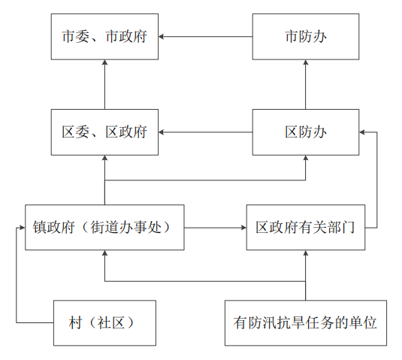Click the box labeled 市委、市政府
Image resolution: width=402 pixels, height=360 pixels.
click(x=104, y=37)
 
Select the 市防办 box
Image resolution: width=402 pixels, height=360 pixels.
click(x=306, y=37)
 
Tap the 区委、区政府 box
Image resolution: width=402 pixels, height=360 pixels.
click(x=104, y=132)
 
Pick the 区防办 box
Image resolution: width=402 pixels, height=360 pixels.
click(x=306, y=132)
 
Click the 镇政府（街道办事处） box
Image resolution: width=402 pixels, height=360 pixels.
click(x=104, y=228)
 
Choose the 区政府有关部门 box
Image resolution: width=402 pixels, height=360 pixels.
click(x=306, y=228)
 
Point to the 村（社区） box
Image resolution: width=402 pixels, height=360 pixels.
click(x=104, y=323)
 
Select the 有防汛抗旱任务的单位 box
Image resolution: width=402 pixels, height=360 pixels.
click(x=306, y=323)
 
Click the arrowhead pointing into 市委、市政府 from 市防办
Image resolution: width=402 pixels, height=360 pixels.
click(x=162, y=37)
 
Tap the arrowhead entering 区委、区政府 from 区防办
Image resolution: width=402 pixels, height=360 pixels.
click(x=162, y=132)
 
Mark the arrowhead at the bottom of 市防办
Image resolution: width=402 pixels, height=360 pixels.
click(x=306, y=62)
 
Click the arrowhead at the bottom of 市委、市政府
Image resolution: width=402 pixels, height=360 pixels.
click(x=104, y=62)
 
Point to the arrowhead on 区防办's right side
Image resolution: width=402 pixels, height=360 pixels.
click(x=362, y=132)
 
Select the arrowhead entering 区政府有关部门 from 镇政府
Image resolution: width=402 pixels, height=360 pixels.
click(x=243, y=228)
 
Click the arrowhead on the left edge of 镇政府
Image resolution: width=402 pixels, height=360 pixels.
click(x=23, y=228)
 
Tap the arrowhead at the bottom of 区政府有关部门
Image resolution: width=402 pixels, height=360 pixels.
click(x=306, y=253)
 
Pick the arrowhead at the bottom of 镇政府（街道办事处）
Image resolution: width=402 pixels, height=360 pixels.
click(x=104, y=253)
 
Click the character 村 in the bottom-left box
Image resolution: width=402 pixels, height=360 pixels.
click(x=75, y=323)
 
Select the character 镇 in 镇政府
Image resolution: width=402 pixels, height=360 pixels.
click(x=39, y=228)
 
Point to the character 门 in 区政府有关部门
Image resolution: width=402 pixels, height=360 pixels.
click(x=348, y=228)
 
